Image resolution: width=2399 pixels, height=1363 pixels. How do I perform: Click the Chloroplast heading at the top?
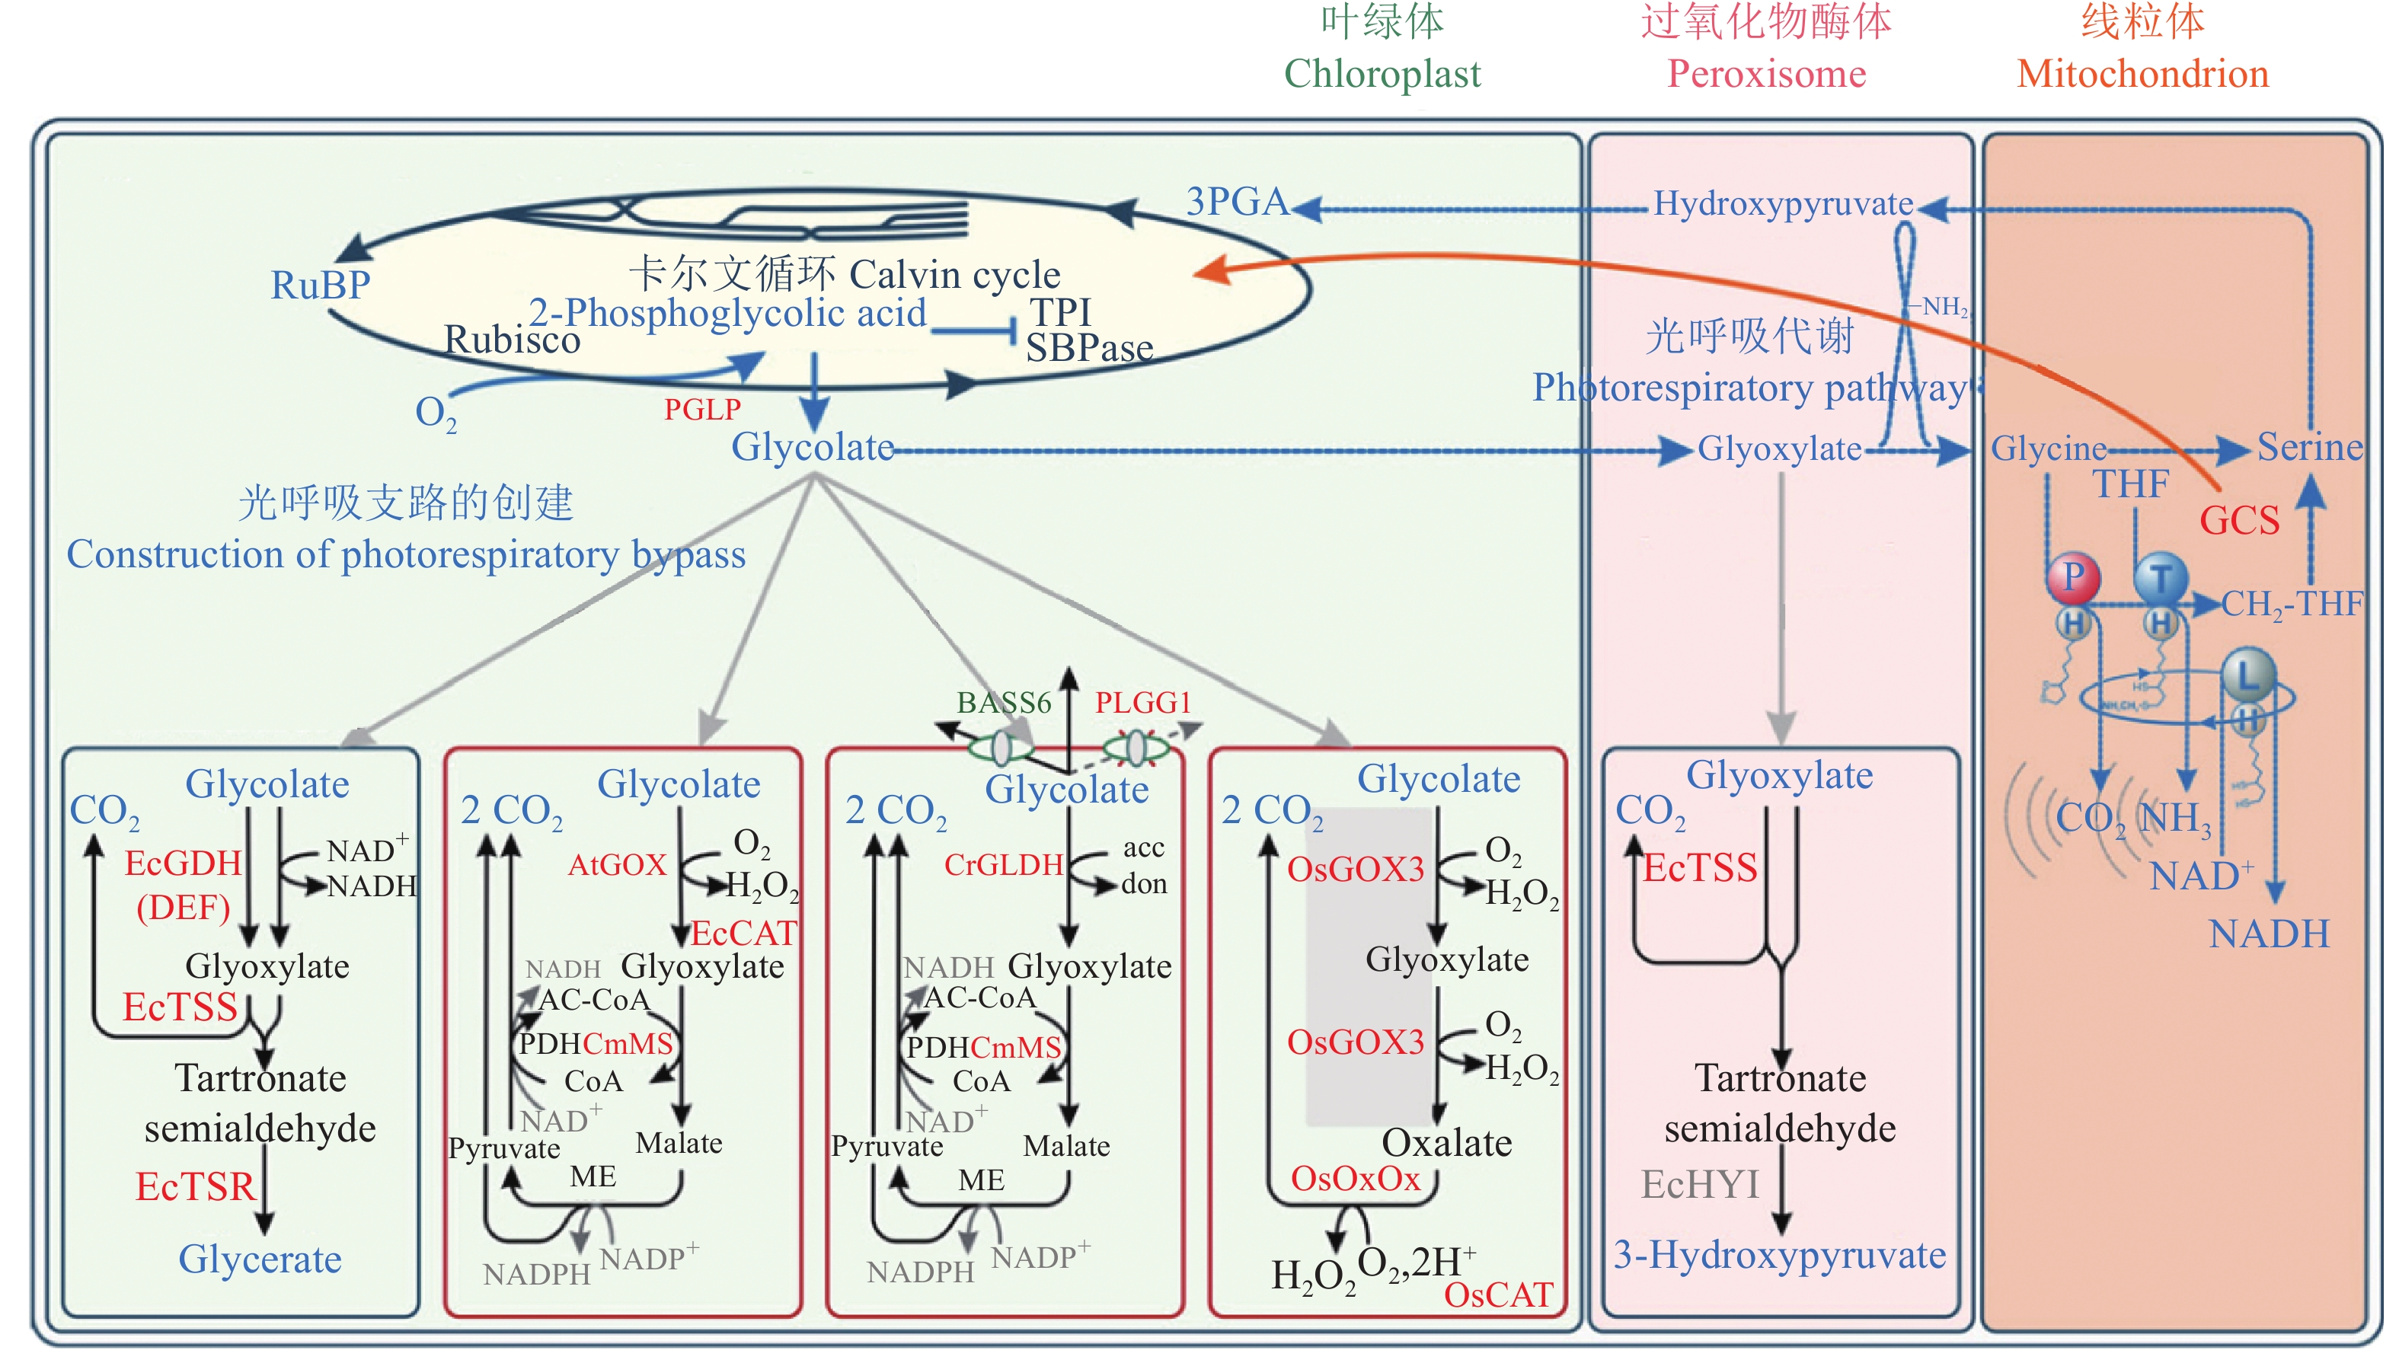(x=1382, y=73)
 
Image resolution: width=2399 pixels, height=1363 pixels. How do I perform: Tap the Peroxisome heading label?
(x=1766, y=73)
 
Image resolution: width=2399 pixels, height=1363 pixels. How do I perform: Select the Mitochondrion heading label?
(x=2142, y=73)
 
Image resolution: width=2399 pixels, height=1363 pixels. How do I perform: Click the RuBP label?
(x=320, y=285)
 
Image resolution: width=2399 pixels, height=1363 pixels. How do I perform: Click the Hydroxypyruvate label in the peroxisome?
(x=1782, y=203)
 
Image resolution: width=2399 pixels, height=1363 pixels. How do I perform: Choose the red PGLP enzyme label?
(x=702, y=409)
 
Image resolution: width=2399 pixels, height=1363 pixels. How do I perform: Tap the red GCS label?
(x=2239, y=521)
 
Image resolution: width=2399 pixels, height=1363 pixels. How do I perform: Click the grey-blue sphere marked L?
(x=2248, y=673)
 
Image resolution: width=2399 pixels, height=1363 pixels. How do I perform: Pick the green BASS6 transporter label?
(x=1004, y=702)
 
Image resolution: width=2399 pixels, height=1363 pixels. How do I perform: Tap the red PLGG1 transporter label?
(x=1143, y=702)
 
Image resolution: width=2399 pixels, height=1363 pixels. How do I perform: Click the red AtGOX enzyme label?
(x=617, y=864)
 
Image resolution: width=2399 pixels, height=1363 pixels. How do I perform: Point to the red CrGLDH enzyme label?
(x=1002, y=864)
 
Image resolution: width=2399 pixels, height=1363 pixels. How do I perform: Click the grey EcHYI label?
(x=1700, y=1185)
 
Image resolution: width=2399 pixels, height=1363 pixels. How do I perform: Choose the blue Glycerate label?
(x=260, y=1259)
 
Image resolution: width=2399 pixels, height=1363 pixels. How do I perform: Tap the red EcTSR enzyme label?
(x=196, y=1187)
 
